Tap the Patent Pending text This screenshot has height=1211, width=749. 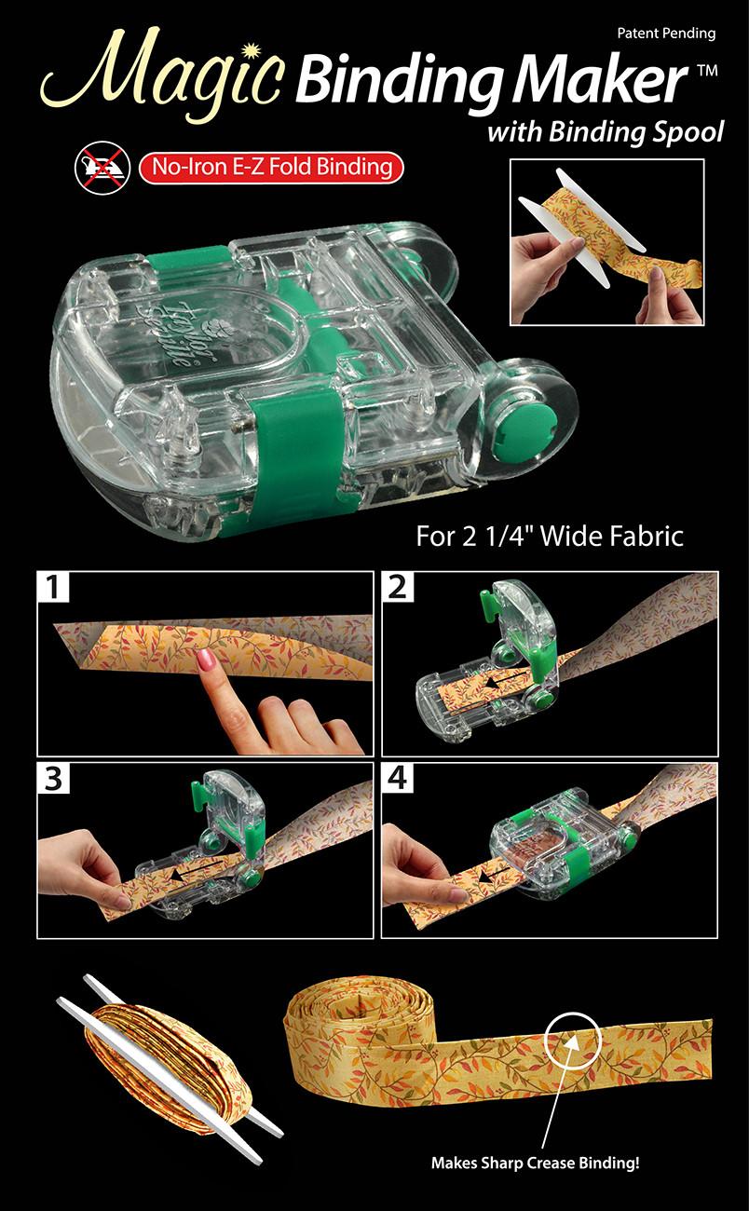pos(665,34)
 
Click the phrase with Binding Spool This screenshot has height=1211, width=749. pos(605,132)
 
